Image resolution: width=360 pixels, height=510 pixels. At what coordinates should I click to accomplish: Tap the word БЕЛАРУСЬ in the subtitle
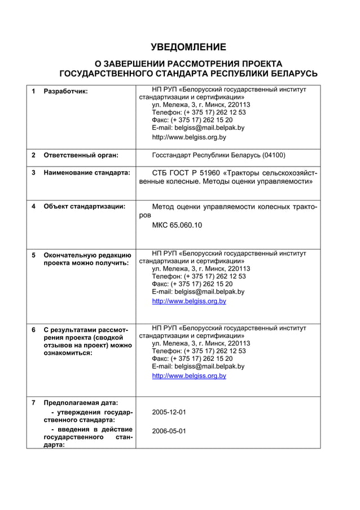(x=289, y=73)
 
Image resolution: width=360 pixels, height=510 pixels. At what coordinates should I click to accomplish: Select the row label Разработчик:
(x=66, y=91)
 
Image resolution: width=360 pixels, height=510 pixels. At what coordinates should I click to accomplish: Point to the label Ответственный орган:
(x=81, y=155)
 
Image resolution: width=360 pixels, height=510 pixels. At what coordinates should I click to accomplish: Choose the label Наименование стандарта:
(x=87, y=172)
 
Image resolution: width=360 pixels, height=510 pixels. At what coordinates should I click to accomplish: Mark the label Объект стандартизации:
(x=85, y=206)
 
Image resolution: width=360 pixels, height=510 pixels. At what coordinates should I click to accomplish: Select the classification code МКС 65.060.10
(x=177, y=225)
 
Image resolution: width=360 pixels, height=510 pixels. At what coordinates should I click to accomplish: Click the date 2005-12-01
(x=169, y=412)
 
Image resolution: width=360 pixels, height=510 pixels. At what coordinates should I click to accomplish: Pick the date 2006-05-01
(x=169, y=431)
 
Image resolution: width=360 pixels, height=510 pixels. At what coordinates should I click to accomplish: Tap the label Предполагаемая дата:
(x=81, y=403)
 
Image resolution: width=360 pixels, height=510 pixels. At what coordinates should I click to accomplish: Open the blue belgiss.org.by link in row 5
(x=189, y=302)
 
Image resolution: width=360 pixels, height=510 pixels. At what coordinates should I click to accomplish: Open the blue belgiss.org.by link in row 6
(x=189, y=376)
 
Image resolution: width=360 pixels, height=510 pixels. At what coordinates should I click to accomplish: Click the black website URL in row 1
(x=189, y=137)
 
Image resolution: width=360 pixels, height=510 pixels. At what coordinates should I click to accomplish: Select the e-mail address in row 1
(x=198, y=128)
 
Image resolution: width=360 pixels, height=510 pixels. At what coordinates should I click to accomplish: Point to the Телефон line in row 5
(x=199, y=277)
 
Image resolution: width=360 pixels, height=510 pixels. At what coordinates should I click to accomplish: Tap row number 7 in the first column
(x=33, y=403)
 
